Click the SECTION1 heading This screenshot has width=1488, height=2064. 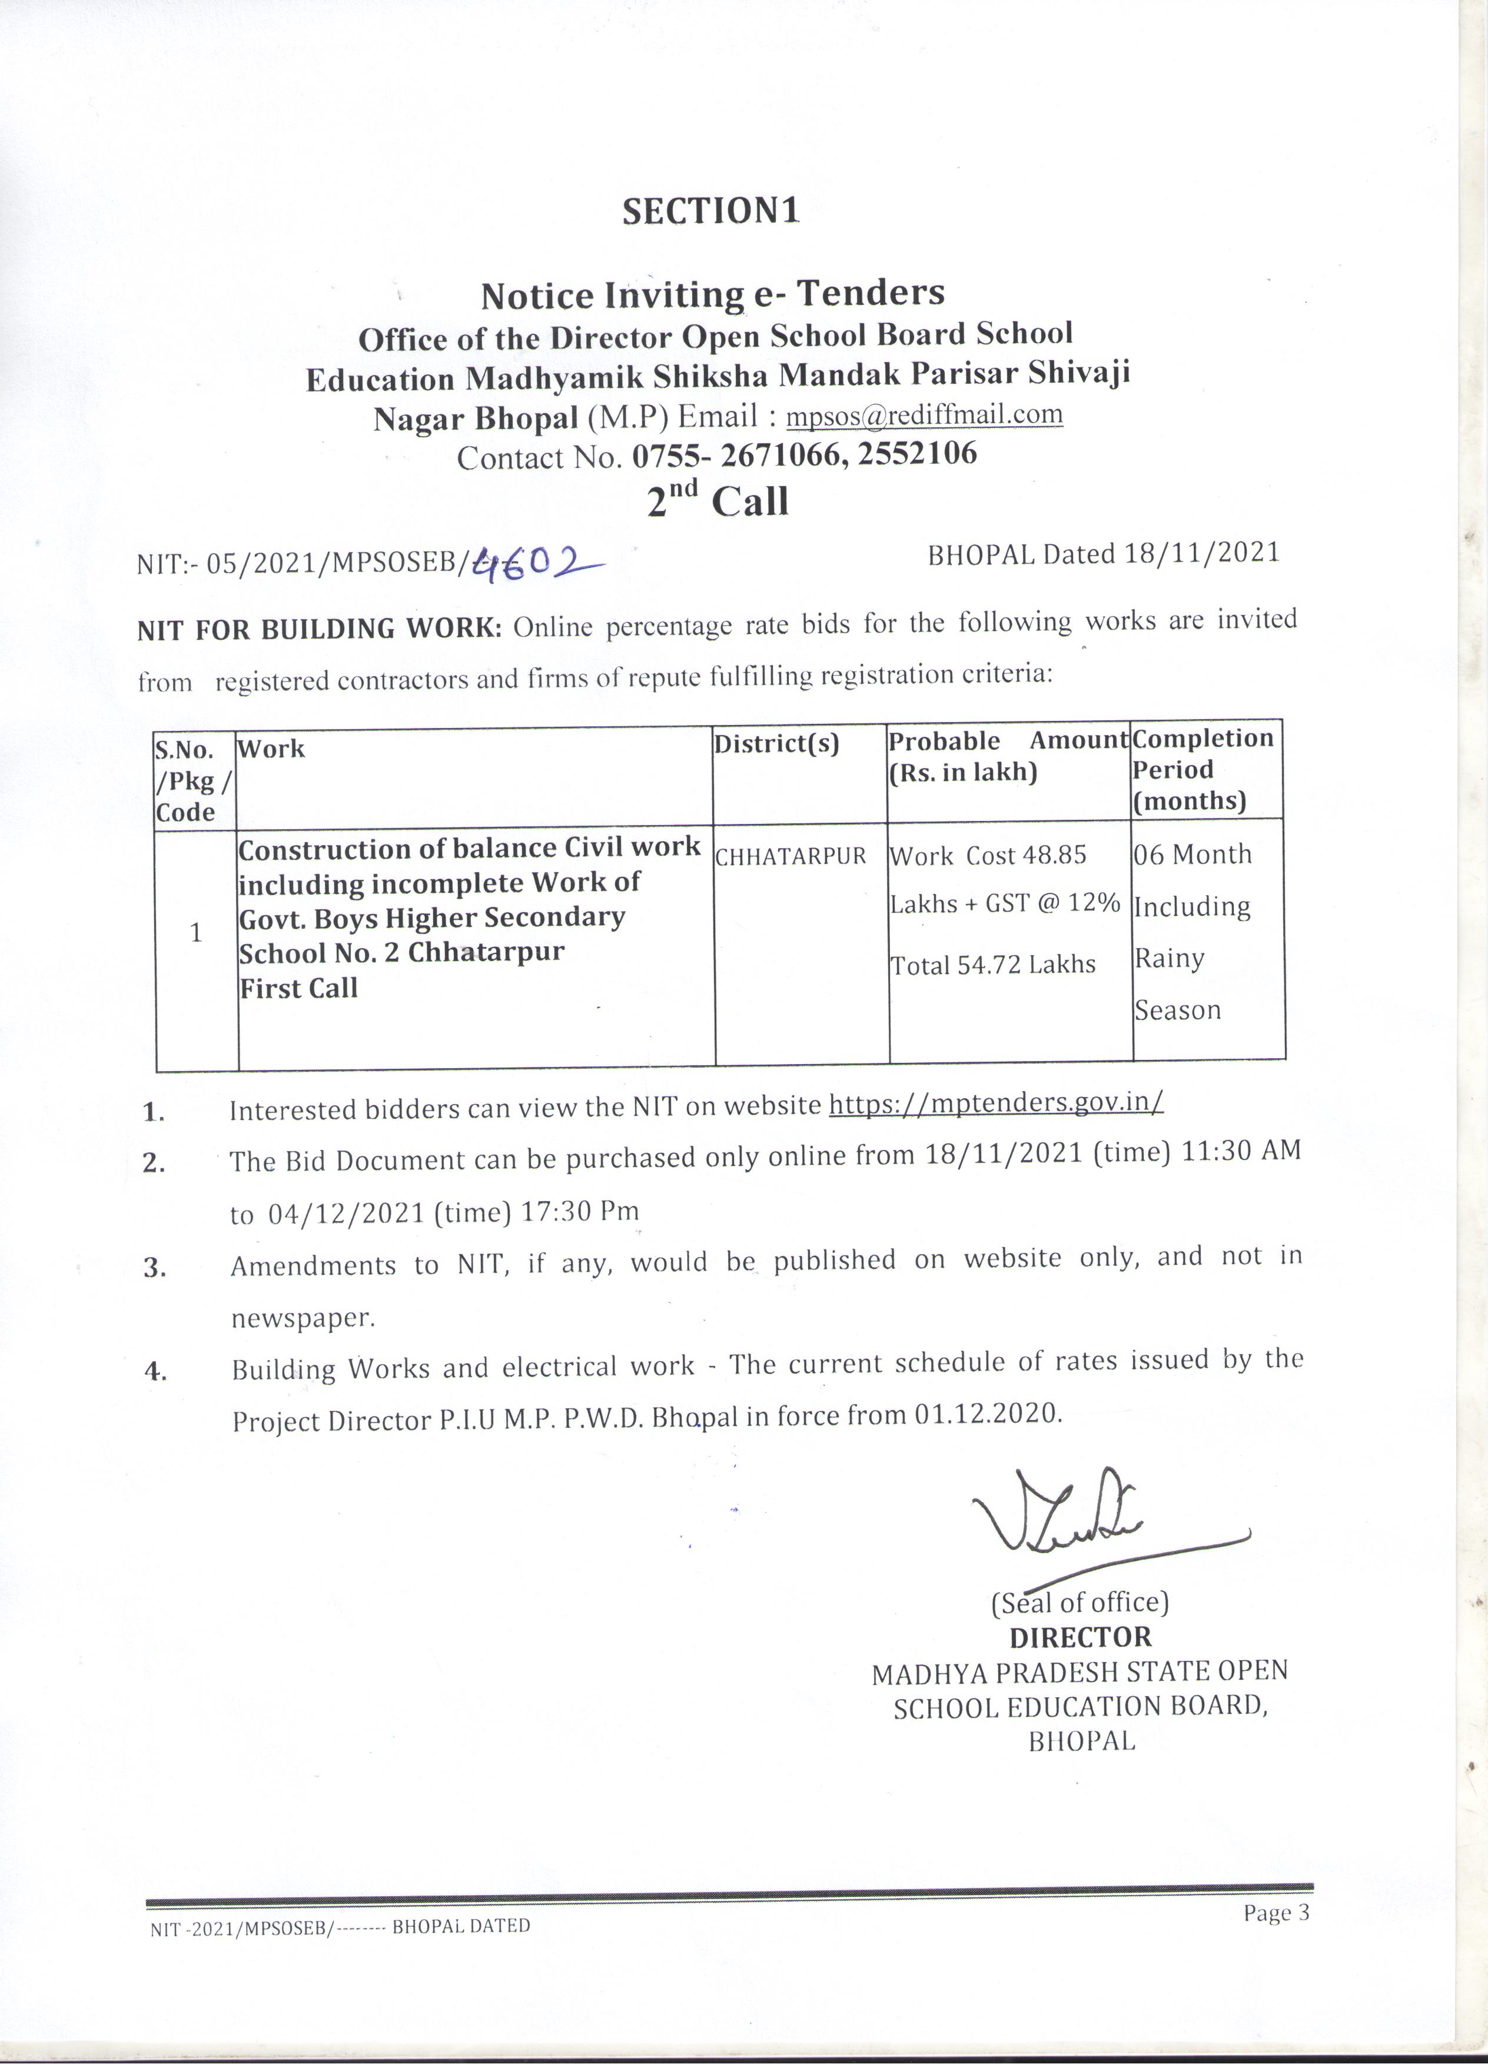tap(711, 211)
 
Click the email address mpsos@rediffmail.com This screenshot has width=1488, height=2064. tap(924, 415)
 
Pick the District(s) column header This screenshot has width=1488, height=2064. tap(776, 744)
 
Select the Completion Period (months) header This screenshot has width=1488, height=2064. tap(1203, 770)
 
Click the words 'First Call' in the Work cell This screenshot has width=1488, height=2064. tap(298, 988)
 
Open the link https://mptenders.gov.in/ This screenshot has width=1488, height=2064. tap(997, 1103)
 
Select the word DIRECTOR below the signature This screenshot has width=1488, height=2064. tap(1080, 1637)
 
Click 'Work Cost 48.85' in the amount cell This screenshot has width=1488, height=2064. tap(988, 856)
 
